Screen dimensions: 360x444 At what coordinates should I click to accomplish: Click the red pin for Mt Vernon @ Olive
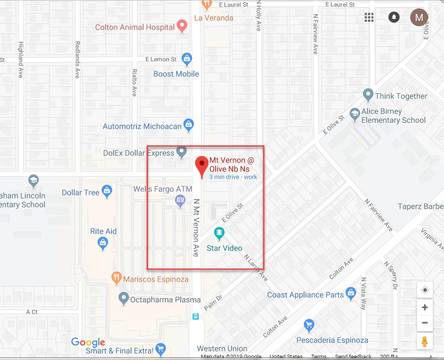point(202,165)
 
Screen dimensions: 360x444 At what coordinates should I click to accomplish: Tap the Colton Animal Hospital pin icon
point(182,26)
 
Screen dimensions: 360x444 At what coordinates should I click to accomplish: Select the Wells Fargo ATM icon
point(180,201)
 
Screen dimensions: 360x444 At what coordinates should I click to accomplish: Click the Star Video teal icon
point(219,232)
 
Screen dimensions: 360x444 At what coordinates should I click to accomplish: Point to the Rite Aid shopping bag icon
point(103,243)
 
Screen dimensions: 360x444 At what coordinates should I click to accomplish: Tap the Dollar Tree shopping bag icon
point(107,192)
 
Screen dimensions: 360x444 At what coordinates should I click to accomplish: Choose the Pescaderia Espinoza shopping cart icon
point(308,326)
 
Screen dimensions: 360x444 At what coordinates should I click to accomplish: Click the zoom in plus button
point(425,307)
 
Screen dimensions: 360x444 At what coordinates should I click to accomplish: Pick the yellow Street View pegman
point(425,342)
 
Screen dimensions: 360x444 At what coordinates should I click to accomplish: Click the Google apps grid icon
point(369,17)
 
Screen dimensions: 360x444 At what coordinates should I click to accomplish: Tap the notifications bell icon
point(393,17)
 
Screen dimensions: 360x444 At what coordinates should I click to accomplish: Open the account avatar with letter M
point(419,17)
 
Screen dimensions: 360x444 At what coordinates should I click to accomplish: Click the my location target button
point(425,290)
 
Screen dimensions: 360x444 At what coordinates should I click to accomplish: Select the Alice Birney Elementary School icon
point(355,115)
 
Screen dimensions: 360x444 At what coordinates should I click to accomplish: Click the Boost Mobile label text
point(176,74)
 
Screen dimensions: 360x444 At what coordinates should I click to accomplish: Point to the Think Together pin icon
point(368,95)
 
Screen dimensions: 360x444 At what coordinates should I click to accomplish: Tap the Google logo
point(88,342)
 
